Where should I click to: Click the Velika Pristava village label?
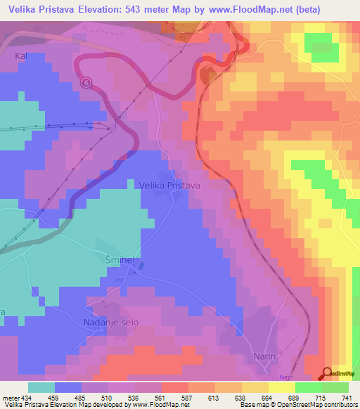tap(170, 185)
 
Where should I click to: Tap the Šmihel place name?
tap(120, 259)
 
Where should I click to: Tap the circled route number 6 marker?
tap(86, 82)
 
